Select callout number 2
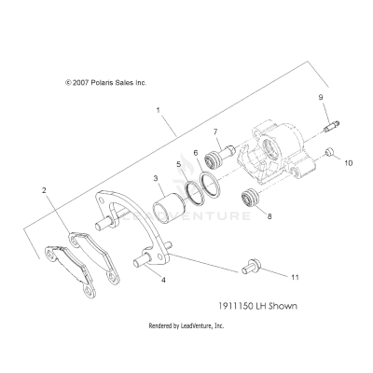coord(43,190)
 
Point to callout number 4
coord(164,279)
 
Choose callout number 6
coord(196,152)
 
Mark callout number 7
coord(215,131)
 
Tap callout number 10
coord(349,161)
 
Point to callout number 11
coord(296,278)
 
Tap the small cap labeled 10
coord(330,152)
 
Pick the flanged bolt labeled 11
coord(249,269)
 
